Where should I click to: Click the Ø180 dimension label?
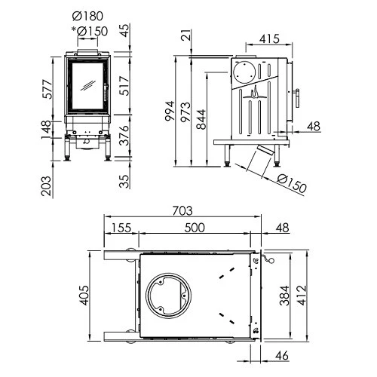coord(90,17)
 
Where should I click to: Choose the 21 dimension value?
coord(186,34)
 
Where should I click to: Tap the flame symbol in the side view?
coord(253,93)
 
